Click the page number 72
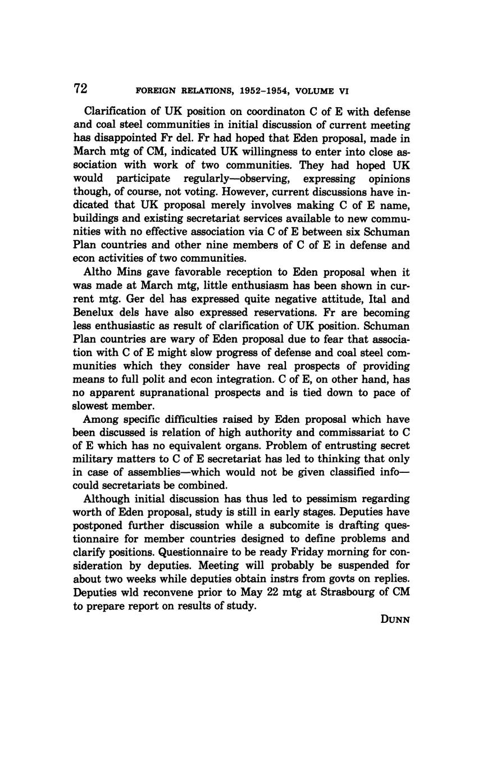80,89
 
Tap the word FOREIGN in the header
156,91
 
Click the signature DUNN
395,620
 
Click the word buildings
96,219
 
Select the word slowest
92,406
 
